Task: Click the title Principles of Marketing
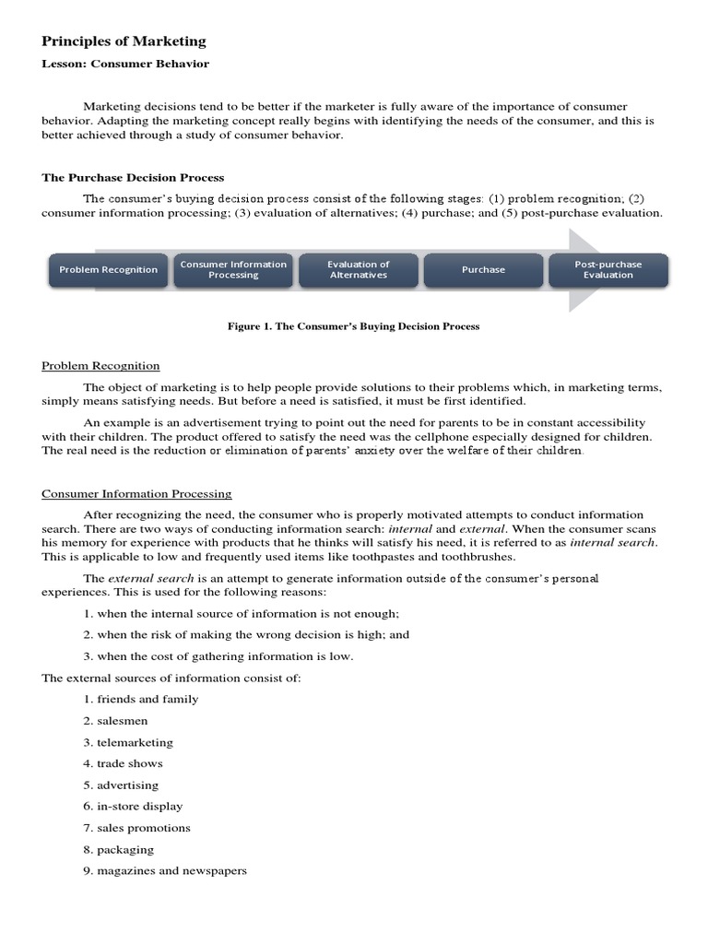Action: [x=124, y=41]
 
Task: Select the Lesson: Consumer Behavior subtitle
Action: [x=125, y=65]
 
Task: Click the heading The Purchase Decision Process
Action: [x=133, y=178]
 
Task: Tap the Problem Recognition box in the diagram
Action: [x=109, y=270]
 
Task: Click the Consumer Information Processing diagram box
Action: [x=233, y=270]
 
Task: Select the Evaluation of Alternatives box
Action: [x=359, y=270]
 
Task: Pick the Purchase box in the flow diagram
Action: [x=483, y=270]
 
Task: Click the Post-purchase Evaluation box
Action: [x=608, y=270]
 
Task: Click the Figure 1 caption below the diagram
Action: [x=354, y=326]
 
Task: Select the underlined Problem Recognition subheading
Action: [x=100, y=366]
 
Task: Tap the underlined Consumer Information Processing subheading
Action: [x=136, y=494]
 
